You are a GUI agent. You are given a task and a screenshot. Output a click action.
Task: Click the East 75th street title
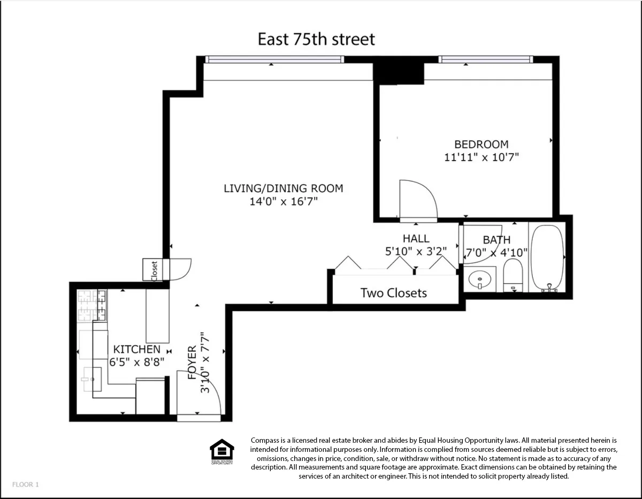tap(316, 39)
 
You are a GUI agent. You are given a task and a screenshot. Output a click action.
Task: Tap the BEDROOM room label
tap(481, 145)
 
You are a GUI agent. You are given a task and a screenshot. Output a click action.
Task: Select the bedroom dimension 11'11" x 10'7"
tap(481, 157)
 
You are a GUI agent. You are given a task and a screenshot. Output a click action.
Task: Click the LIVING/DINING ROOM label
tap(283, 188)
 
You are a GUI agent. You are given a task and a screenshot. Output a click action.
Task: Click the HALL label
tap(416, 239)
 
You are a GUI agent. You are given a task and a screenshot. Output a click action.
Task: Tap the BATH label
tap(496, 240)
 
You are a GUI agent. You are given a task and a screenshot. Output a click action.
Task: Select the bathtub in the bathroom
tap(546, 258)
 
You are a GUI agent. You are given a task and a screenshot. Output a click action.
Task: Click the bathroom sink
tap(479, 279)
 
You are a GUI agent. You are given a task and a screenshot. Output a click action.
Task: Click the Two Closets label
tap(393, 293)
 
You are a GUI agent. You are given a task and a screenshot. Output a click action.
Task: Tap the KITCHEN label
tap(135, 350)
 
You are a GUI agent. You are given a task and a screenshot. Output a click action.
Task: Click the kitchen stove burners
tap(91, 305)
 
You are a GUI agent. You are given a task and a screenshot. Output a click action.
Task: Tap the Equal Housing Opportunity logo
tap(221, 451)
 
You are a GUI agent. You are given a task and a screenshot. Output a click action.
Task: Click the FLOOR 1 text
tap(25, 485)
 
